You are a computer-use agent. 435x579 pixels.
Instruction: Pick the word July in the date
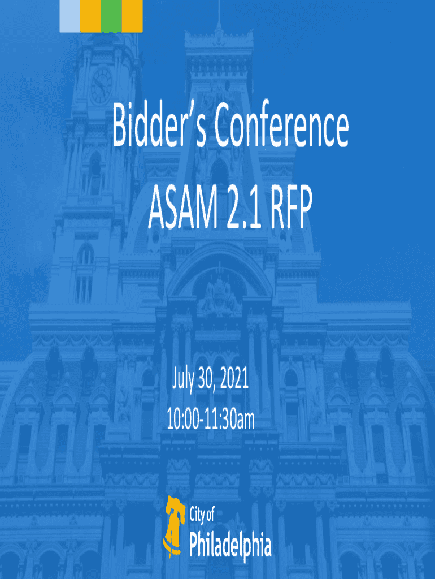point(182,380)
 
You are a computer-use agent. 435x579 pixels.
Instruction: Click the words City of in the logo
point(202,515)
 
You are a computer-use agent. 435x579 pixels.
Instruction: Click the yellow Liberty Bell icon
point(173,526)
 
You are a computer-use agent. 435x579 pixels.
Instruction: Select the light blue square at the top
point(70,16)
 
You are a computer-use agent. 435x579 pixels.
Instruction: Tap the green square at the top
point(111,16)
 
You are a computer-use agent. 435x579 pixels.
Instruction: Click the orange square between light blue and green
point(91,16)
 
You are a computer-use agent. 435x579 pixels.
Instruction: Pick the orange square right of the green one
point(132,16)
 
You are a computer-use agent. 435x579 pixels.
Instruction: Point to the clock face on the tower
point(102,85)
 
